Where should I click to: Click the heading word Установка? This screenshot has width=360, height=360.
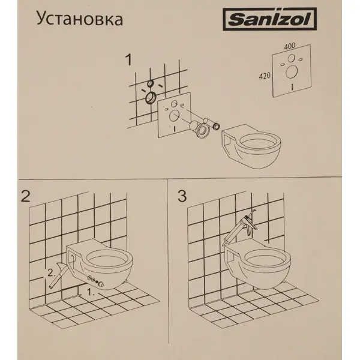(80, 20)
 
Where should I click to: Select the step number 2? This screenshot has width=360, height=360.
(25, 196)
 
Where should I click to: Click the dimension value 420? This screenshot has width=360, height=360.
(265, 77)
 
